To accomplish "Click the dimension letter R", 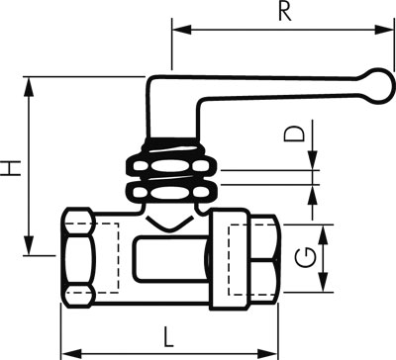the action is tap(285, 12).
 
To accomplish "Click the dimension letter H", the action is tap(11, 168).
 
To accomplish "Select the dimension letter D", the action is tap(294, 134).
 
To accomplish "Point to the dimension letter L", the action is tap(168, 337).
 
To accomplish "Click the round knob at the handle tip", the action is tap(379, 86).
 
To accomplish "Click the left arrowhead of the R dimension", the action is tap(182, 30).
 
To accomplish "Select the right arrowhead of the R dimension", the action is tap(384, 30).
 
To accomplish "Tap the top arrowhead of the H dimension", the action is tap(29, 87).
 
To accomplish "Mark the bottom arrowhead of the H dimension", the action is tap(29, 245).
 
